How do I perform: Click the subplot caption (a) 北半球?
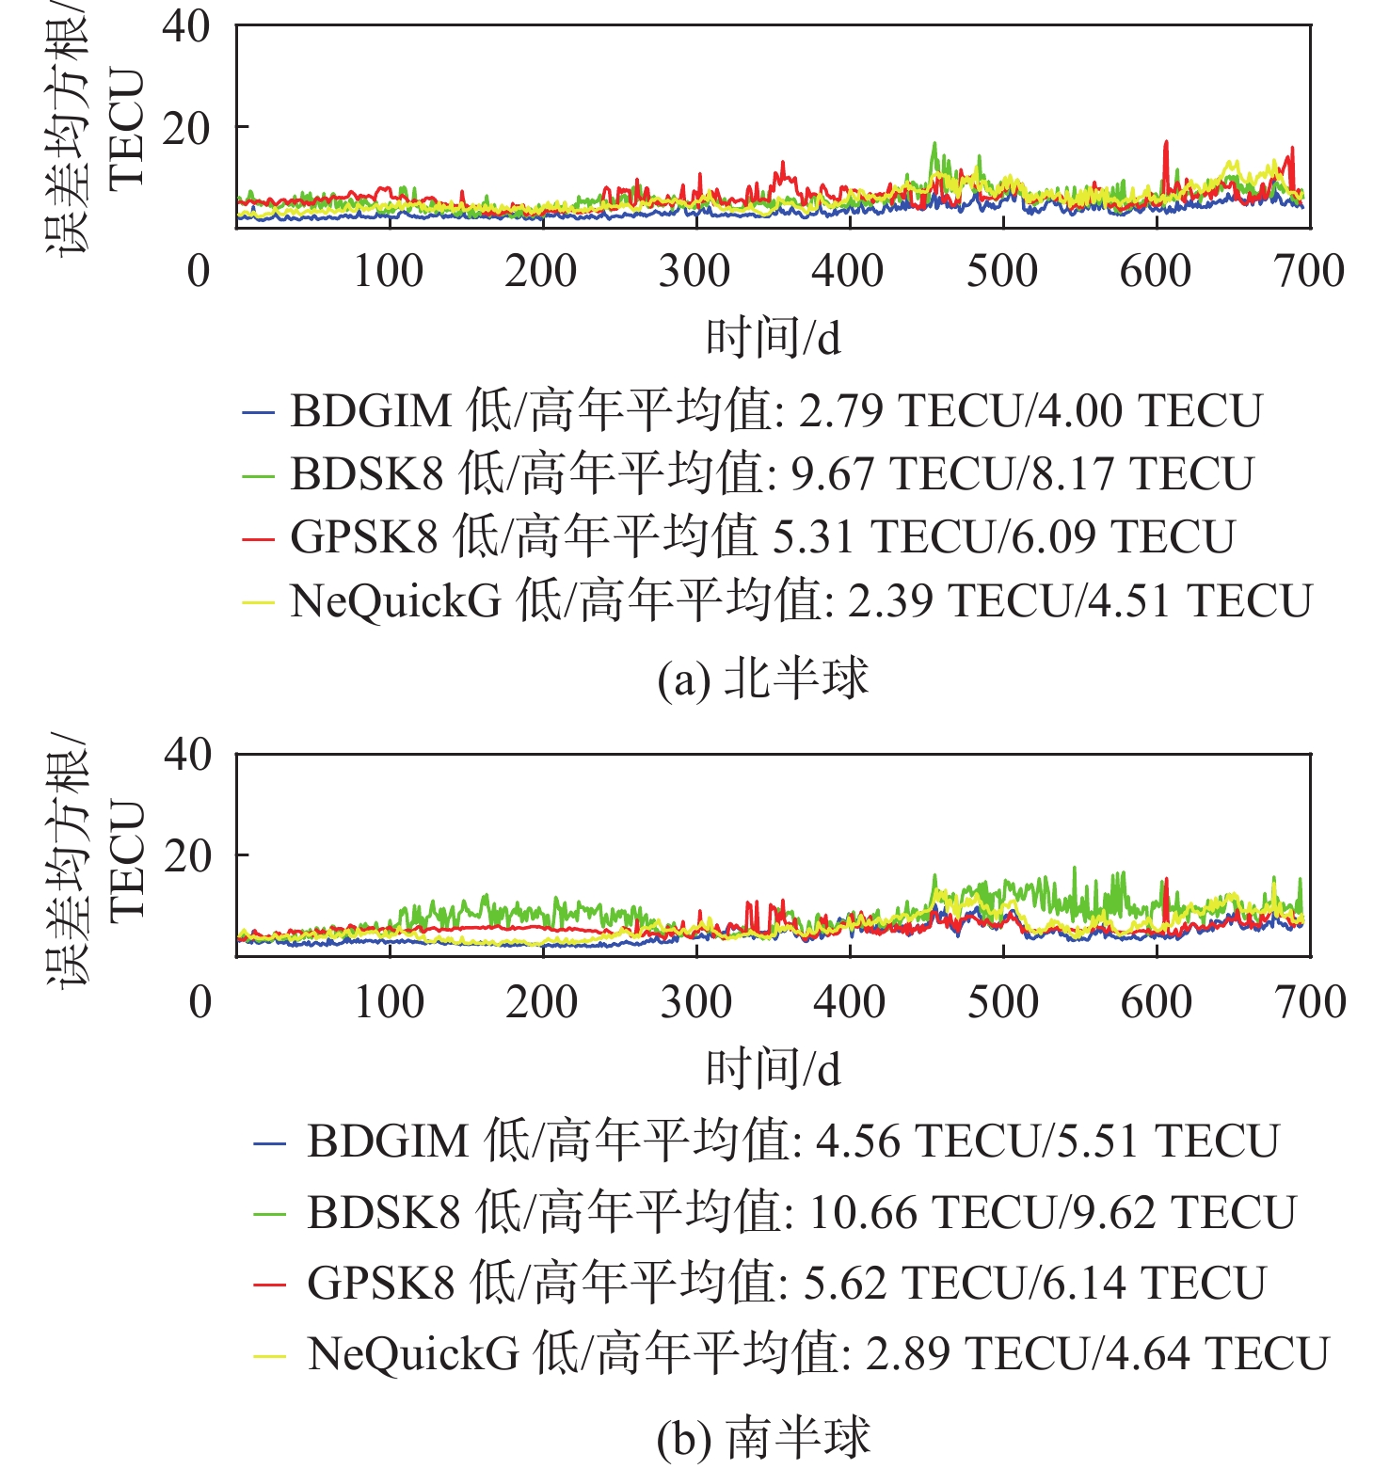(x=762, y=679)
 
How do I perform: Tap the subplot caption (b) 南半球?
(x=763, y=1438)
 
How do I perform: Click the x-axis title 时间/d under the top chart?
(x=774, y=338)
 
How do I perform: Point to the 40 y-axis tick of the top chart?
(x=186, y=25)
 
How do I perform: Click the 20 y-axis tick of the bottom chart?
(x=187, y=855)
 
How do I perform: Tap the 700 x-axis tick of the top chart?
(x=1309, y=271)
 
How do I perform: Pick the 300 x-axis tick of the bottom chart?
(x=695, y=1002)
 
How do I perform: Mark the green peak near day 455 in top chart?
(x=934, y=146)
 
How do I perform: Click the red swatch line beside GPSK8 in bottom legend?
(x=269, y=1284)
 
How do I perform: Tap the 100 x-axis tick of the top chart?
(x=388, y=271)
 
